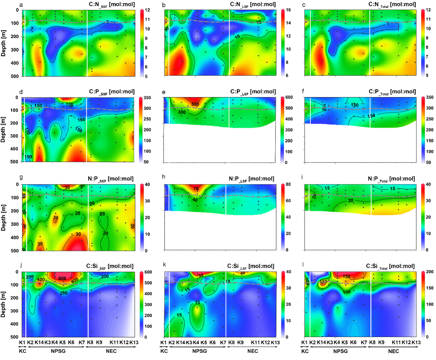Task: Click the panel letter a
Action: (21, 5)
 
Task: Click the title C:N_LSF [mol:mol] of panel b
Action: (253, 4)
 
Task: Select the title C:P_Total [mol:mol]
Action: (392, 92)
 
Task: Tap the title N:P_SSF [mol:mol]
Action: (111, 179)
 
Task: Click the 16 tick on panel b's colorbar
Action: (288, 10)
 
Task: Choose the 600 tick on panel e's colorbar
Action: (289, 98)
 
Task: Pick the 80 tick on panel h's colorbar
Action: (288, 184)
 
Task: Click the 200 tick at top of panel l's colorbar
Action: (429, 272)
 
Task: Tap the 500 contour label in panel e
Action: (195, 104)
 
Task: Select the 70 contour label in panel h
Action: (196, 189)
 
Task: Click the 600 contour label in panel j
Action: (62, 279)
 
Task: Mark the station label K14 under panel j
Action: (39, 342)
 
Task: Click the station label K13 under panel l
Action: (416, 342)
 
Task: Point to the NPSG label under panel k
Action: (200, 351)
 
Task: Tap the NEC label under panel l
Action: (393, 351)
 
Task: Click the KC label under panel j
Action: (23, 351)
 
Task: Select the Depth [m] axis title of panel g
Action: (3, 218)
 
